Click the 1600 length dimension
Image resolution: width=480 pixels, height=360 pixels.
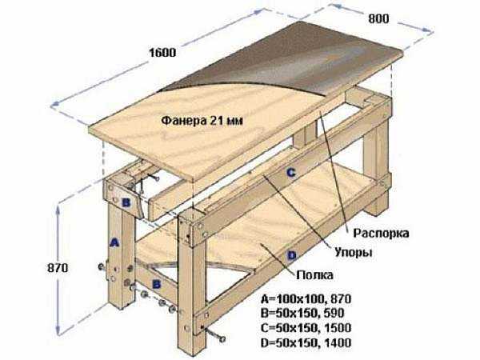click(x=162, y=53)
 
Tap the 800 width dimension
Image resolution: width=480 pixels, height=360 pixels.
click(x=378, y=19)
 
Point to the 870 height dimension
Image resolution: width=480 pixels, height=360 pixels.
click(x=58, y=268)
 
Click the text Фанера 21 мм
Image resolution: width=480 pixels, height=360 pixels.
click(x=202, y=120)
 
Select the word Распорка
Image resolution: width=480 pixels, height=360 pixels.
click(x=381, y=234)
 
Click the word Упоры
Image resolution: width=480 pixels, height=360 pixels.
click(x=354, y=253)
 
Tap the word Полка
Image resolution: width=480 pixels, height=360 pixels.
click(x=314, y=275)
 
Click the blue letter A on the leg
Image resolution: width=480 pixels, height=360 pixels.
click(x=114, y=243)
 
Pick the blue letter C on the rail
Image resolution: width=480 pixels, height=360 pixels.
click(x=291, y=173)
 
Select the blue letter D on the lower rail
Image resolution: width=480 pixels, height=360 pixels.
click(x=292, y=254)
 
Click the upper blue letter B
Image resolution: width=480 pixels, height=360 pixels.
click(x=126, y=202)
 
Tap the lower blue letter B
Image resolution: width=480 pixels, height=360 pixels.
click(x=157, y=284)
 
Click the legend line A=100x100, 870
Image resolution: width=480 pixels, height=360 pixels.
click(x=306, y=298)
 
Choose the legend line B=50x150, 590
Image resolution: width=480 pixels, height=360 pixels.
click(x=302, y=313)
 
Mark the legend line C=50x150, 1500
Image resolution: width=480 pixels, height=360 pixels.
click(x=306, y=328)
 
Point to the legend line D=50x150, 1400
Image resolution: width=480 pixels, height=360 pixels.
click(x=306, y=342)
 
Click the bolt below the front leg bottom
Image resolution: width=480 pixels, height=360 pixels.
click(x=214, y=334)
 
